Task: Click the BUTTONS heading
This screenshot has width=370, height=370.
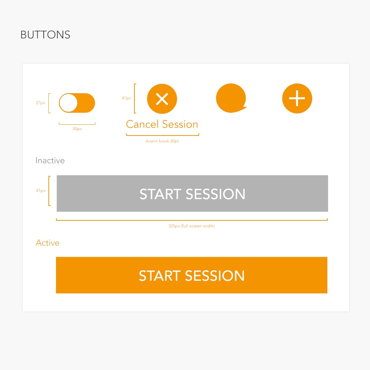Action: [x=45, y=35]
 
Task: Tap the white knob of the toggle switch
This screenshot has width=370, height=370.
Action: [x=68, y=103]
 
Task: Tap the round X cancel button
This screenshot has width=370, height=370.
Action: [x=162, y=99]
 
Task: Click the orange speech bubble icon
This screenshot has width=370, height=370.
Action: [x=231, y=98]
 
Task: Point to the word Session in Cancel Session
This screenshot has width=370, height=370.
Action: [x=180, y=124]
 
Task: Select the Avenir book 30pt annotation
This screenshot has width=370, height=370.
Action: [x=162, y=141]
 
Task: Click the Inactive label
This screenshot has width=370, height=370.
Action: [x=50, y=160]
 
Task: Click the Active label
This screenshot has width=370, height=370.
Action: [x=47, y=243]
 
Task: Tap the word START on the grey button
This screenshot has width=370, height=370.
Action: [x=160, y=194]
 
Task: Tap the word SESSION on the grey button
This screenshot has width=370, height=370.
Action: [x=215, y=194]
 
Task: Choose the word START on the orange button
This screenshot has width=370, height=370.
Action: [x=160, y=276]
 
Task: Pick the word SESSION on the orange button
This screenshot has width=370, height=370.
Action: [x=215, y=276]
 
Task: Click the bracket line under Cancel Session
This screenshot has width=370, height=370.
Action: [x=163, y=135]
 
